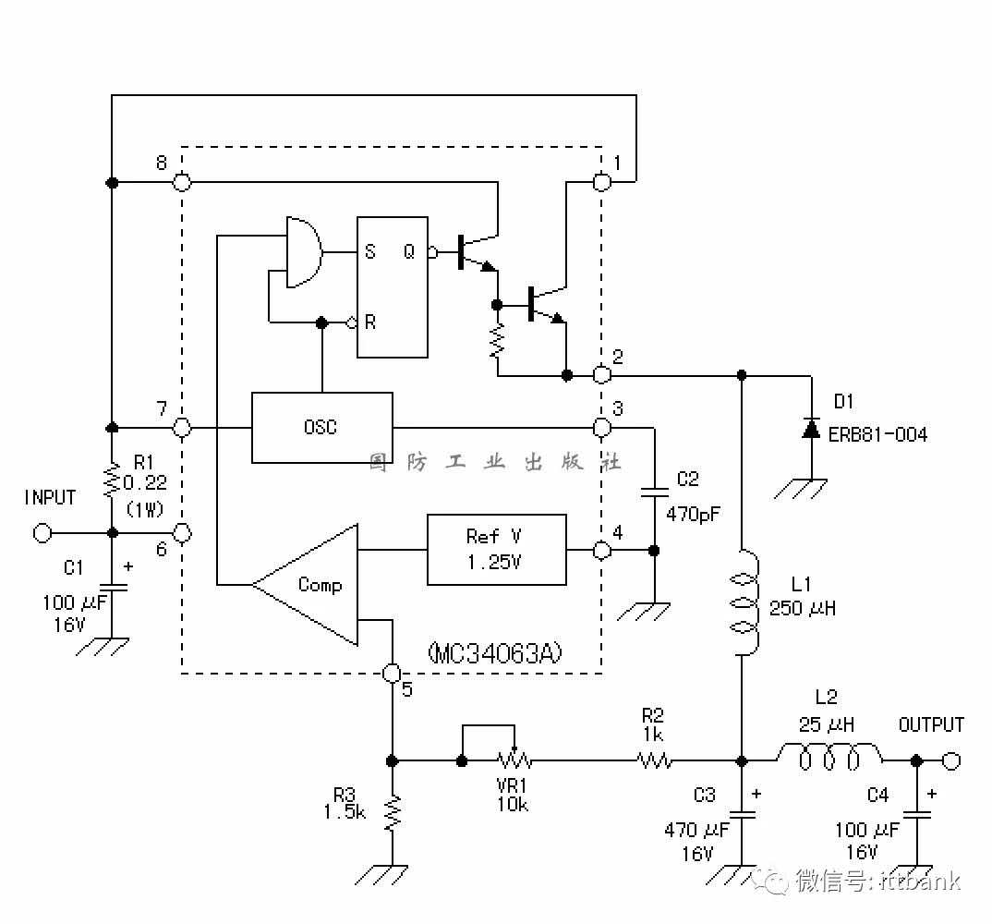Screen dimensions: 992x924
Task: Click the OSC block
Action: coord(322,428)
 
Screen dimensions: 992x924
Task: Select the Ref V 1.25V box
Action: coord(497,550)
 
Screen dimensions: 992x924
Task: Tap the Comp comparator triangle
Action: coord(305,585)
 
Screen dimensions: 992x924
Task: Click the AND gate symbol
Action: coord(304,252)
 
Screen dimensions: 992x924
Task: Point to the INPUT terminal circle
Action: coord(42,533)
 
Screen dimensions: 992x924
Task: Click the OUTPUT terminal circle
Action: coord(950,760)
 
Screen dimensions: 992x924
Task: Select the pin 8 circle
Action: coord(182,182)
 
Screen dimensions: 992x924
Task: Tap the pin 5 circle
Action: coord(393,673)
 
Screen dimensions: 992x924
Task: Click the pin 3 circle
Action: coord(601,428)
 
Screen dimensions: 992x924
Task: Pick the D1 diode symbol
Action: coord(811,429)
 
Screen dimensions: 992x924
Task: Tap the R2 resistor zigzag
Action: coord(654,760)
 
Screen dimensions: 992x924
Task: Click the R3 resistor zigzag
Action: coord(393,813)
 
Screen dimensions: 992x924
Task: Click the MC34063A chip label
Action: coord(495,652)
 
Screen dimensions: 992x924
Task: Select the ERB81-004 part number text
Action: coord(877,435)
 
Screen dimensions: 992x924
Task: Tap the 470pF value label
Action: coord(693,514)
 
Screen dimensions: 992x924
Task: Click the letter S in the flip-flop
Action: coord(370,252)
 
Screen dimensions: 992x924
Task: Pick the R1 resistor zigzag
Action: coord(112,480)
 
